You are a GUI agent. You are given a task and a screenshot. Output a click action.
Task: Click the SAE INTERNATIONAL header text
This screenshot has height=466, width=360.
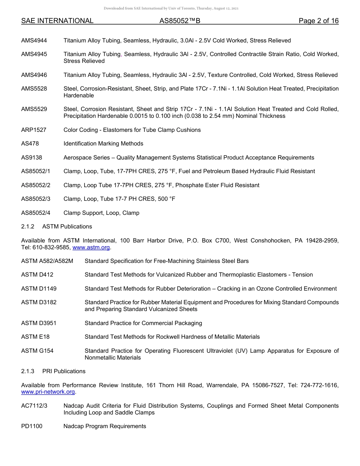[x=57, y=21]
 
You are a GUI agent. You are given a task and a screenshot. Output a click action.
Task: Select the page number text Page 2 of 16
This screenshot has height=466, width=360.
[x=318, y=21]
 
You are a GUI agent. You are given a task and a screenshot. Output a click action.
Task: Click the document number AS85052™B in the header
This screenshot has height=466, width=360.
[x=180, y=21]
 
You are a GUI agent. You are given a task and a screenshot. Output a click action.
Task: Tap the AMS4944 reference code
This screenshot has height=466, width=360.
[x=34, y=41]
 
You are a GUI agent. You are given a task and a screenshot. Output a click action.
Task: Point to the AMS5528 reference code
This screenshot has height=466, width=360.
[x=34, y=89]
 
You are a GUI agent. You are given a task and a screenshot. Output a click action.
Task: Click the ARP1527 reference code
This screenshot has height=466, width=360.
[x=34, y=130]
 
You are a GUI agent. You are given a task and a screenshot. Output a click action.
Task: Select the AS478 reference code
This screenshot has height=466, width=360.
[x=30, y=144]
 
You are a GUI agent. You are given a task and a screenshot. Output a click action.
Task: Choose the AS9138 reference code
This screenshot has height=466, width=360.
[x=31, y=158]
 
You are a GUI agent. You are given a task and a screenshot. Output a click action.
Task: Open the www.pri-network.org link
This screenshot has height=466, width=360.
[x=48, y=392]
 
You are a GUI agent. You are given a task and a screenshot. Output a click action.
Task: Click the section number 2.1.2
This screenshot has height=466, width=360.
[x=28, y=227]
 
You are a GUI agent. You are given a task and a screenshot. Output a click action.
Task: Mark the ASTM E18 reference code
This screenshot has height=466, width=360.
[x=35, y=337]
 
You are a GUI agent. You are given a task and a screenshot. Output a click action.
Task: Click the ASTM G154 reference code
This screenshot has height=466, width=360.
[x=37, y=351]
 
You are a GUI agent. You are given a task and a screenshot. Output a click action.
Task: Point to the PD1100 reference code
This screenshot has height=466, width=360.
[x=32, y=426]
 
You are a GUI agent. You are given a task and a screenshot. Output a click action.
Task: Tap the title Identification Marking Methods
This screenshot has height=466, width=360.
[x=103, y=144]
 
